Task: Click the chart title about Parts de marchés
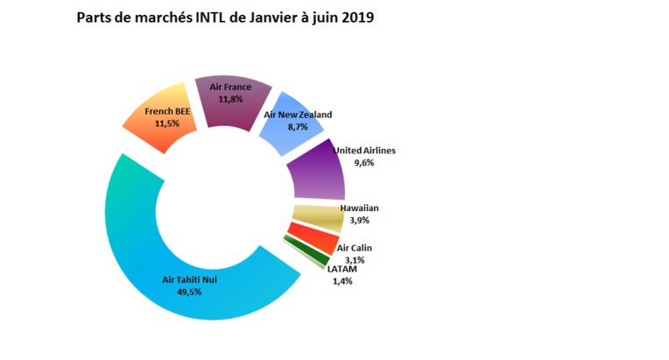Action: pos(225,18)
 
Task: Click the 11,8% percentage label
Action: pos(230,99)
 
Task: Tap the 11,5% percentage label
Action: pos(166,124)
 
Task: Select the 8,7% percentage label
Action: pos(299,127)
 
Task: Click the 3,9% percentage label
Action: pos(359,221)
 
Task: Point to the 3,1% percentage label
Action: pos(353,260)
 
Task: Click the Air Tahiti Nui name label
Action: pos(190,280)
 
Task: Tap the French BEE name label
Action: pos(166,112)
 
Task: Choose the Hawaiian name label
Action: pos(359,208)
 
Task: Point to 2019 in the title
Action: pos(356,18)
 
